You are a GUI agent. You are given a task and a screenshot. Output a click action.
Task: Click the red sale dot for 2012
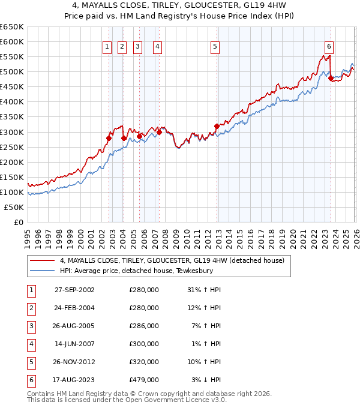point(217,126)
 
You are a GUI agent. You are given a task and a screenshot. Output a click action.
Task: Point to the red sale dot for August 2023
point(331,78)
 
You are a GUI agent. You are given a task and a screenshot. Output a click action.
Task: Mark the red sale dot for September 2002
point(109,138)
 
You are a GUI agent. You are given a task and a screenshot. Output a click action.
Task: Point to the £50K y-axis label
point(14,207)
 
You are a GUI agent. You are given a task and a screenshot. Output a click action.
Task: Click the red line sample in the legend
point(42,260)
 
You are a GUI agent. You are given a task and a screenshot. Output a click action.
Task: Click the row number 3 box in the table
point(29,326)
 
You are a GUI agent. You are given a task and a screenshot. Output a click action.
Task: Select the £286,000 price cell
point(144,326)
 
